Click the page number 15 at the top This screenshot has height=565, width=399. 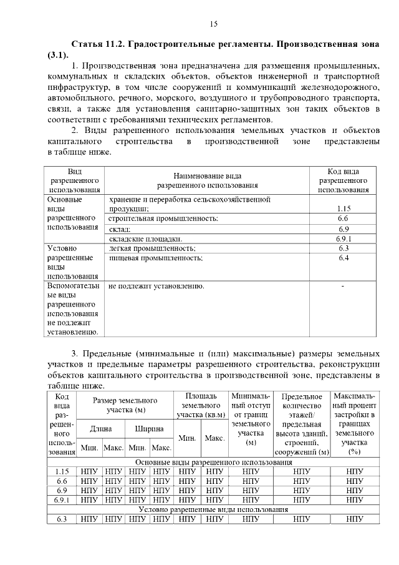click(x=213, y=24)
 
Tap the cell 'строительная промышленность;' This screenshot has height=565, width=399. click(x=163, y=219)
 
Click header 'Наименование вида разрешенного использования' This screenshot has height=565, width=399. click(x=207, y=180)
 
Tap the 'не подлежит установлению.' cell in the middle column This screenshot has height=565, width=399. click(x=156, y=287)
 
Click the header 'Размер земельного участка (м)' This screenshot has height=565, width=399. click(x=125, y=405)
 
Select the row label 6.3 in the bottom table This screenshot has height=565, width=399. click(x=62, y=519)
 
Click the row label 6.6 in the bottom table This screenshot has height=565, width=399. click(x=62, y=481)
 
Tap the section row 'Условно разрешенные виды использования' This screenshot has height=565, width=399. click(x=213, y=509)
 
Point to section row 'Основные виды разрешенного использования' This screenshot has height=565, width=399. click(x=213, y=462)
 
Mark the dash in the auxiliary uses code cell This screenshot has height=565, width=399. click(x=343, y=287)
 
